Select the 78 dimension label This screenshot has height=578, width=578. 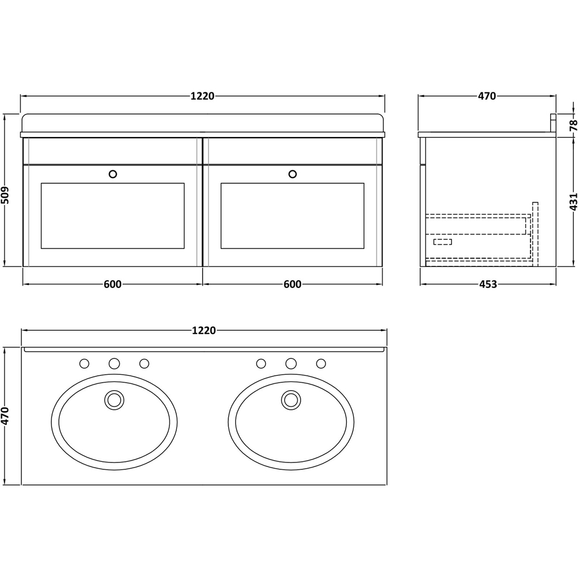pyautogui.click(x=572, y=124)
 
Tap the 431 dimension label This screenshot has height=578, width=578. pyautogui.click(x=572, y=201)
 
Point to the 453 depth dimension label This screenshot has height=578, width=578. pyautogui.click(x=488, y=284)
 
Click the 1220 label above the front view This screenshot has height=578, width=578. pyautogui.click(x=203, y=97)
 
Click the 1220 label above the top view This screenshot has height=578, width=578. pyautogui.click(x=203, y=331)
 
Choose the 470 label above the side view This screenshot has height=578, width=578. pyautogui.click(x=487, y=97)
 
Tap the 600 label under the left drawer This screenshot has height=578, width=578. pyautogui.click(x=113, y=284)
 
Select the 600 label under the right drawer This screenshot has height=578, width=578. pyautogui.click(x=292, y=284)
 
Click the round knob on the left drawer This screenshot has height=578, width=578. pyautogui.click(x=113, y=173)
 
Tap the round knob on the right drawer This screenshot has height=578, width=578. pyautogui.click(x=292, y=173)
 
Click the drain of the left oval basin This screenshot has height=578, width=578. pyautogui.click(x=114, y=399)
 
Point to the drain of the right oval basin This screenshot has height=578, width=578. pyautogui.click(x=291, y=399)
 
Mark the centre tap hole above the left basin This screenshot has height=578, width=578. pyautogui.click(x=114, y=364)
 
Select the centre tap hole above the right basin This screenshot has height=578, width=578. pyautogui.click(x=291, y=364)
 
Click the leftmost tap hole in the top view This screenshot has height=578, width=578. pyautogui.click(x=84, y=364)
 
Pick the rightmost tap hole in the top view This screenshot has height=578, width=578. pyautogui.click(x=321, y=364)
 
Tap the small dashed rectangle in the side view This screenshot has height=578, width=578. pyautogui.click(x=443, y=242)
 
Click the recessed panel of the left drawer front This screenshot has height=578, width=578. pyautogui.click(x=113, y=216)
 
